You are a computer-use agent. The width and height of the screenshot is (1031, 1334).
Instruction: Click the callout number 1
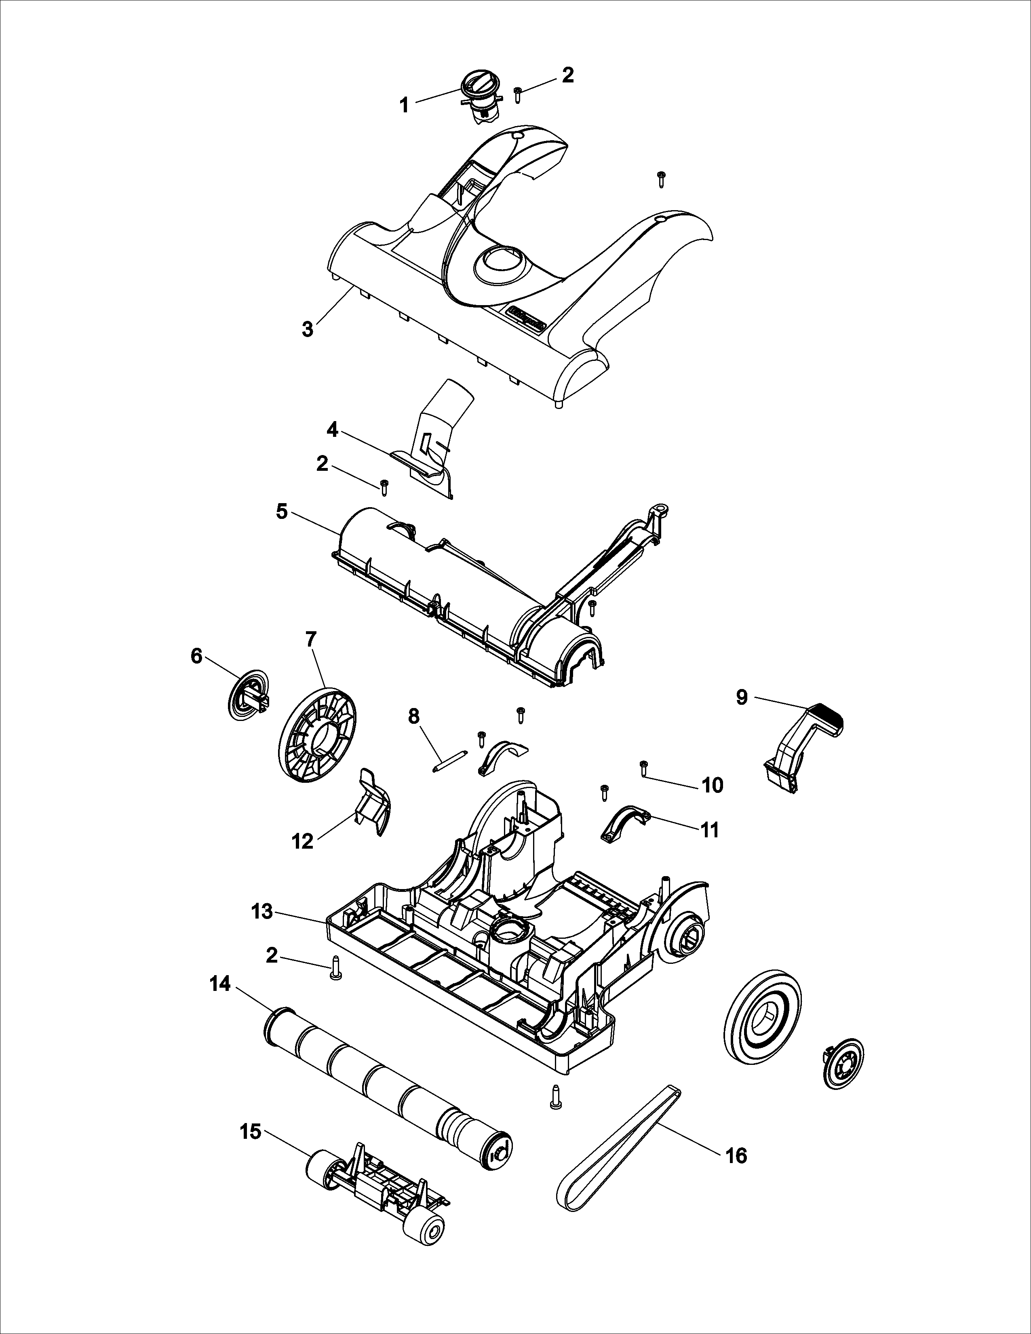pos(404,105)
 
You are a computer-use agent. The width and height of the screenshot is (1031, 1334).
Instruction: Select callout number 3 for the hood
pos(308,329)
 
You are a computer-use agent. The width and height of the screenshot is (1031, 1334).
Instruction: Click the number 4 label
pos(332,430)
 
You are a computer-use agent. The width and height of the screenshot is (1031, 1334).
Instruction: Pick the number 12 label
pos(303,842)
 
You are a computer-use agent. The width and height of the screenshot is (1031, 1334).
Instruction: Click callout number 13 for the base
pos(263,929)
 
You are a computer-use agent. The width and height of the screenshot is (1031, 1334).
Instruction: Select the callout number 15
pos(251,1132)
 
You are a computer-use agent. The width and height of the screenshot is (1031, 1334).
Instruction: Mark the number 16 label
pos(737,1156)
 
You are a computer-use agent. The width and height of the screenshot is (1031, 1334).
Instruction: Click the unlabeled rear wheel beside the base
pos(762,1018)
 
